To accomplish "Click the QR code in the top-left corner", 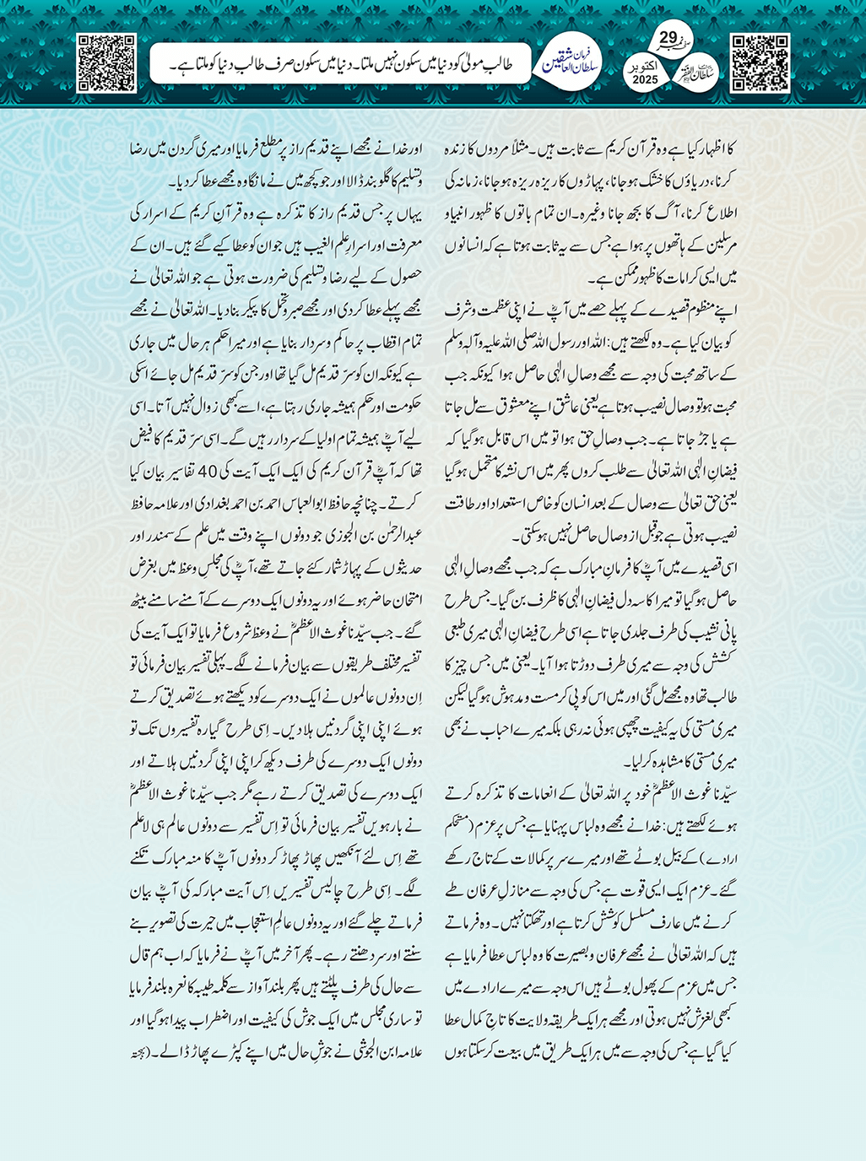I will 106,63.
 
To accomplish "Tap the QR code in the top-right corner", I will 760,63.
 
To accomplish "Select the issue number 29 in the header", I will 667,38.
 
